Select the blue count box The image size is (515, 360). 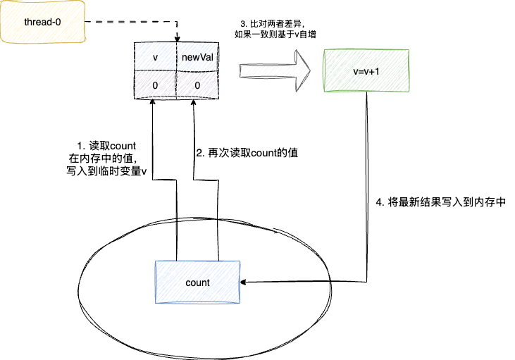pos(197,283)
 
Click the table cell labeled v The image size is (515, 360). pos(155,57)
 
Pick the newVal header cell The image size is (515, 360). pos(197,57)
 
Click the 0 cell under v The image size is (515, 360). pos(155,85)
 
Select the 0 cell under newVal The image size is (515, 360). pos(197,85)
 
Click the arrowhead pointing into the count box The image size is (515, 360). pos(244,283)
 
